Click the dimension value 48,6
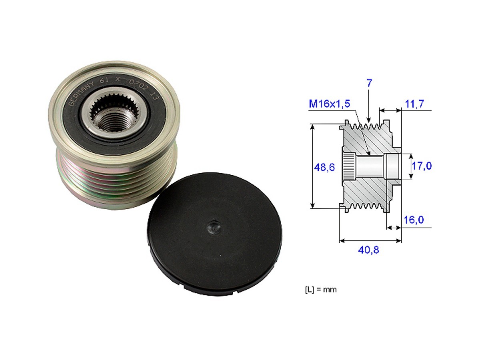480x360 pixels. pyautogui.click(x=324, y=168)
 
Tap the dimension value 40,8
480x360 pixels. pyautogui.click(x=369, y=251)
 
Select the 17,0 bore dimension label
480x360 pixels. pyautogui.click(x=422, y=166)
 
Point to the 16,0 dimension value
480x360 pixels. pyautogui.click(x=414, y=220)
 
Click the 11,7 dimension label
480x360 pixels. pyautogui.click(x=414, y=104)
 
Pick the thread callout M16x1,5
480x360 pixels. pyautogui.click(x=329, y=104)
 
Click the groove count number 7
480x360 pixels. pyautogui.click(x=369, y=83)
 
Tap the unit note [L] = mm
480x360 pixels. pyautogui.click(x=320, y=289)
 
